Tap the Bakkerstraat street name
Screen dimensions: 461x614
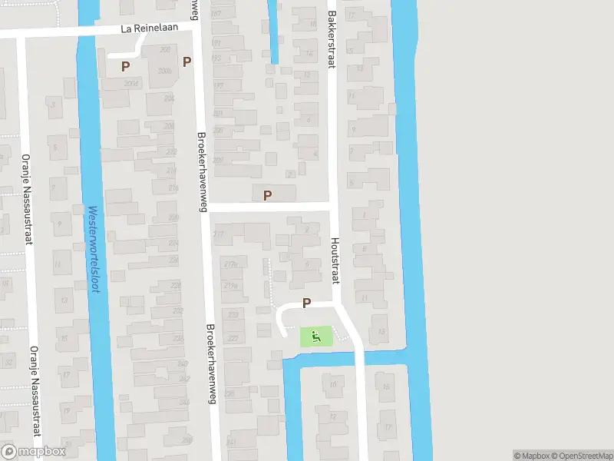[x=332, y=39]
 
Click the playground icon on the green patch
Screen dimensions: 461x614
[x=315, y=335]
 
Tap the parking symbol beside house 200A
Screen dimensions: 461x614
[x=125, y=66]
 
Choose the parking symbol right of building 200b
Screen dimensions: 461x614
[x=186, y=61]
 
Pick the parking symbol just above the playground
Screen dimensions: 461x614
[x=306, y=303]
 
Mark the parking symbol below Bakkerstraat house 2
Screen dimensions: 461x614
[x=267, y=195]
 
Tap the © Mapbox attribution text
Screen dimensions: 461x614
[x=532, y=456]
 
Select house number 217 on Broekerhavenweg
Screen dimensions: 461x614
[x=219, y=234]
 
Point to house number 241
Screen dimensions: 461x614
[x=231, y=443]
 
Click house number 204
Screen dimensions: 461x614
[x=169, y=98]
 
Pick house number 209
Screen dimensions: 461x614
[x=218, y=160]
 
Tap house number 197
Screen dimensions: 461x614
[x=218, y=86]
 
